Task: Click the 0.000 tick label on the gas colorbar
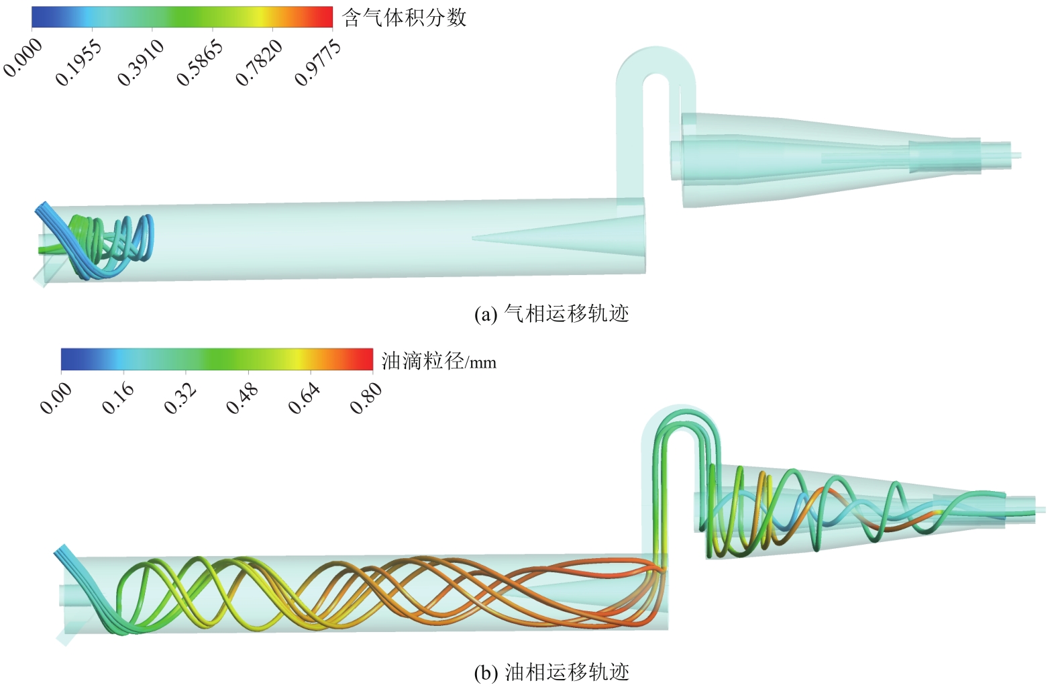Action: (x=23, y=57)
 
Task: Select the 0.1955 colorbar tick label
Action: (x=78, y=62)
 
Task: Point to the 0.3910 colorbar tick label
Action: (x=140, y=62)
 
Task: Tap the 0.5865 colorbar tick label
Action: (x=200, y=62)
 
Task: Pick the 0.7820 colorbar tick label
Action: (x=259, y=62)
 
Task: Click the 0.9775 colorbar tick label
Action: (x=318, y=62)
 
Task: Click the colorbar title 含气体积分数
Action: (x=404, y=18)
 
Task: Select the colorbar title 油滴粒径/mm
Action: (x=439, y=361)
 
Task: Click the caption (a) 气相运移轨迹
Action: (x=551, y=313)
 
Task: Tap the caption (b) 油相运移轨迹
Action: (x=551, y=672)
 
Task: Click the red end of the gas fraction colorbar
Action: (x=325, y=17)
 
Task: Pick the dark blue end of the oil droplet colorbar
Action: (x=69, y=360)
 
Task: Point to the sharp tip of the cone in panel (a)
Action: (x=472, y=238)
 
